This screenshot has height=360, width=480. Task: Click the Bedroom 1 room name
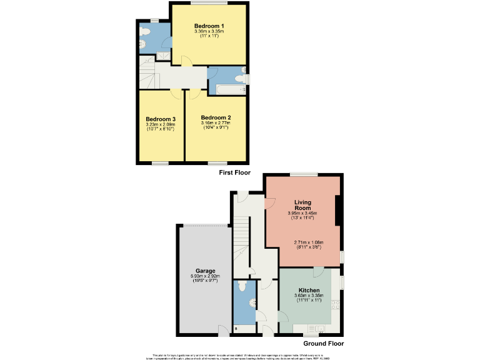tap(209, 26)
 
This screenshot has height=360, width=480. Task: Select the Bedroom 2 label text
tap(216, 117)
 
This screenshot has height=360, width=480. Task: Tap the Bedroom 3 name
tap(161, 119)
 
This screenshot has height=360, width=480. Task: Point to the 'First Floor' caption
tap(234, 172)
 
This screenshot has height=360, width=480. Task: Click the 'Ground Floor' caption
tap(323, 343)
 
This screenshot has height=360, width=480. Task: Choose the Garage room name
tap(204, 271)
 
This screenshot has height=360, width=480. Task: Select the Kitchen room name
tap(309, 291)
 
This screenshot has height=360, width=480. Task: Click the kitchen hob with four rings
tap(335, 305)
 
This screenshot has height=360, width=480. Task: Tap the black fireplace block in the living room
tap(338, 210)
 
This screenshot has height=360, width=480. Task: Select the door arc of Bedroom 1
tap(186, 60)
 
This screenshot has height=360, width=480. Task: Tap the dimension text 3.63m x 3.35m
tap(309, 296)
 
